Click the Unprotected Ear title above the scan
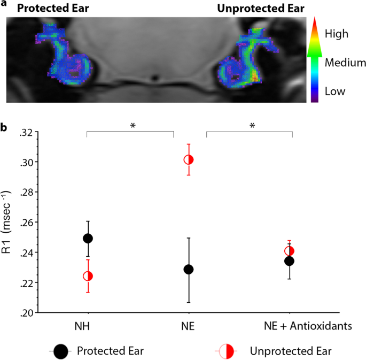(x=260, y=8)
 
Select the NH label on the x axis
(x=88, y=326)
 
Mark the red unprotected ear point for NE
(x=189, y=159)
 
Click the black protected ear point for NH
(x=88, y=238)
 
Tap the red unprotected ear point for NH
(x=88, y=276)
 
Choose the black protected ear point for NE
(x=189, y=269)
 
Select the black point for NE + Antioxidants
(x=289, y=261)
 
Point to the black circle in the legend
(x=61, y=351)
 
